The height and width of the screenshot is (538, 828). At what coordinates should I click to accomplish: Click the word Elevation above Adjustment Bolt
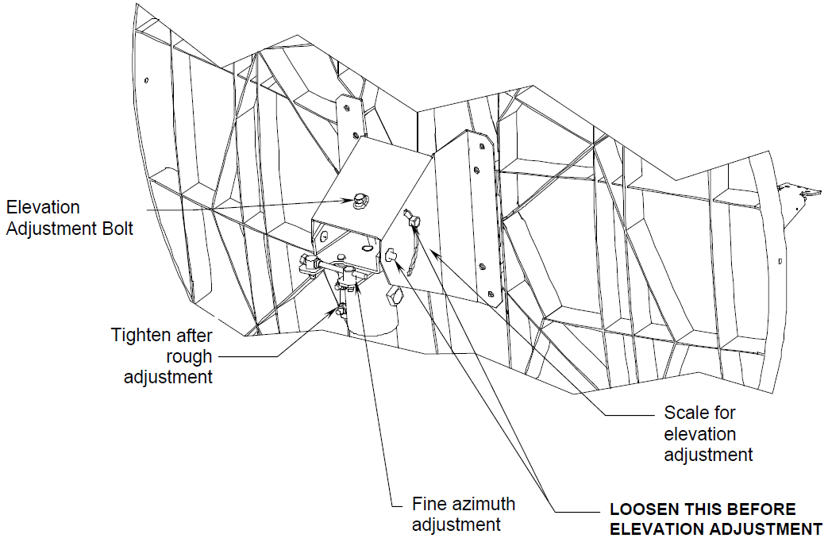43,207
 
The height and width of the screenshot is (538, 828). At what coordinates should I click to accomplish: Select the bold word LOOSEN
639,509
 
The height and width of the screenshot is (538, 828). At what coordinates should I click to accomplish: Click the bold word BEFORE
761,509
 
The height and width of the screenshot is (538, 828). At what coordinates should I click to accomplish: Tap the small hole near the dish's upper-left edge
148,80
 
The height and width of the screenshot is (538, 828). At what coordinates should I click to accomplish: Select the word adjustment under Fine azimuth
456,525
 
